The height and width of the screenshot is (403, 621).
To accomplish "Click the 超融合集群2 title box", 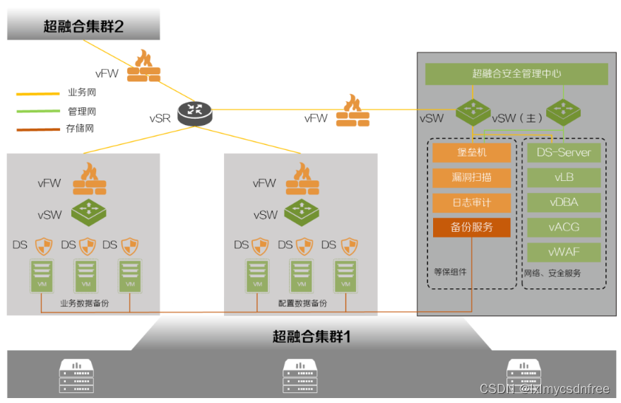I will [83, 27].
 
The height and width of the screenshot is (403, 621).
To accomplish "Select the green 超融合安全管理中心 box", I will [516, 74].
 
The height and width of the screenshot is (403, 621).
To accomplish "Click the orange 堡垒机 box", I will [471, 153].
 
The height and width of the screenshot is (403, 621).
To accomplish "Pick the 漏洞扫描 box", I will [471, 177].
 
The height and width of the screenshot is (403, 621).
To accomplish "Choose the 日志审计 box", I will [471, 203].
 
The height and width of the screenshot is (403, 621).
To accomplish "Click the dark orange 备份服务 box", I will [471, 228].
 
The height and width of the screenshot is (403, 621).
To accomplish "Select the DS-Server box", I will [564, 153].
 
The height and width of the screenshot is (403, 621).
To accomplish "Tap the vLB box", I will [564, 177].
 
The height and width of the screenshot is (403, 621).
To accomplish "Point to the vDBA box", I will [564, 202].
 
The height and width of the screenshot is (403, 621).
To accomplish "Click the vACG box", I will [564, 227].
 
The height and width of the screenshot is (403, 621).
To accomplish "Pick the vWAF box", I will [564, 252].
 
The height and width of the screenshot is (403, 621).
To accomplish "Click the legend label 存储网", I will [80, 129].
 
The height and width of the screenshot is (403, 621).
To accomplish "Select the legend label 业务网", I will [81, 93].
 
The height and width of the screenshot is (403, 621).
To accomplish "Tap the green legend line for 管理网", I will [38, 111].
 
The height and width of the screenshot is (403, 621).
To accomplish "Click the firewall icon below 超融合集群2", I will [144, 67].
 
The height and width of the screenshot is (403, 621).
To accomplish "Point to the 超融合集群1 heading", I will [311, 337].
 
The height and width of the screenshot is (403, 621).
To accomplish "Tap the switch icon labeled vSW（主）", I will [563, 110].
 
